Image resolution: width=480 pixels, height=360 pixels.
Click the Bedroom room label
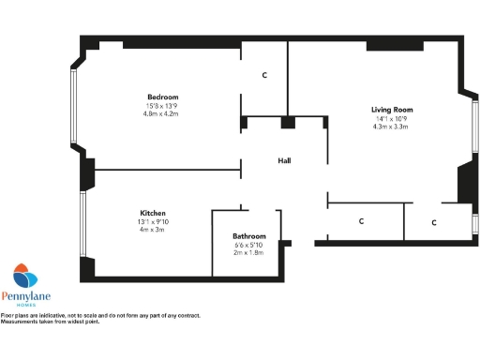162,97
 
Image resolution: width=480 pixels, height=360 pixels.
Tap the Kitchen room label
153,214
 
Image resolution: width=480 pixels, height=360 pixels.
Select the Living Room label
391,110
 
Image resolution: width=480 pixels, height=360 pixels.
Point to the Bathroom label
249,236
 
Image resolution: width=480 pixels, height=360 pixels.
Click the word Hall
284,161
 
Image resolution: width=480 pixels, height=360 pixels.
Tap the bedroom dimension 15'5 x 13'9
162,106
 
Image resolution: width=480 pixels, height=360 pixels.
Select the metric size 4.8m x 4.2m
162,113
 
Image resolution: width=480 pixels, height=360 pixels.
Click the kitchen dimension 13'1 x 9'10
153,222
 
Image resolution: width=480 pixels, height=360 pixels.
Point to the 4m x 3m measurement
152,230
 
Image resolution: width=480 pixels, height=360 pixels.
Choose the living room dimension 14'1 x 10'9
391,118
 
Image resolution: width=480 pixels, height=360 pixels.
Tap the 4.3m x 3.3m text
391,126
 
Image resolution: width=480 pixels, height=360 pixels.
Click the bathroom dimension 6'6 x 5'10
249,245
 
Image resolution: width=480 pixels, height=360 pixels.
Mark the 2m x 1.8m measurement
249,252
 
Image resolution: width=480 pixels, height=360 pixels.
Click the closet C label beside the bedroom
265,75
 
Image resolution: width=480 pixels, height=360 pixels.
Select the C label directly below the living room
361,222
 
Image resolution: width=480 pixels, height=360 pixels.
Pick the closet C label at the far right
434,222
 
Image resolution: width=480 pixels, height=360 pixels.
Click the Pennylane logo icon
25,278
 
